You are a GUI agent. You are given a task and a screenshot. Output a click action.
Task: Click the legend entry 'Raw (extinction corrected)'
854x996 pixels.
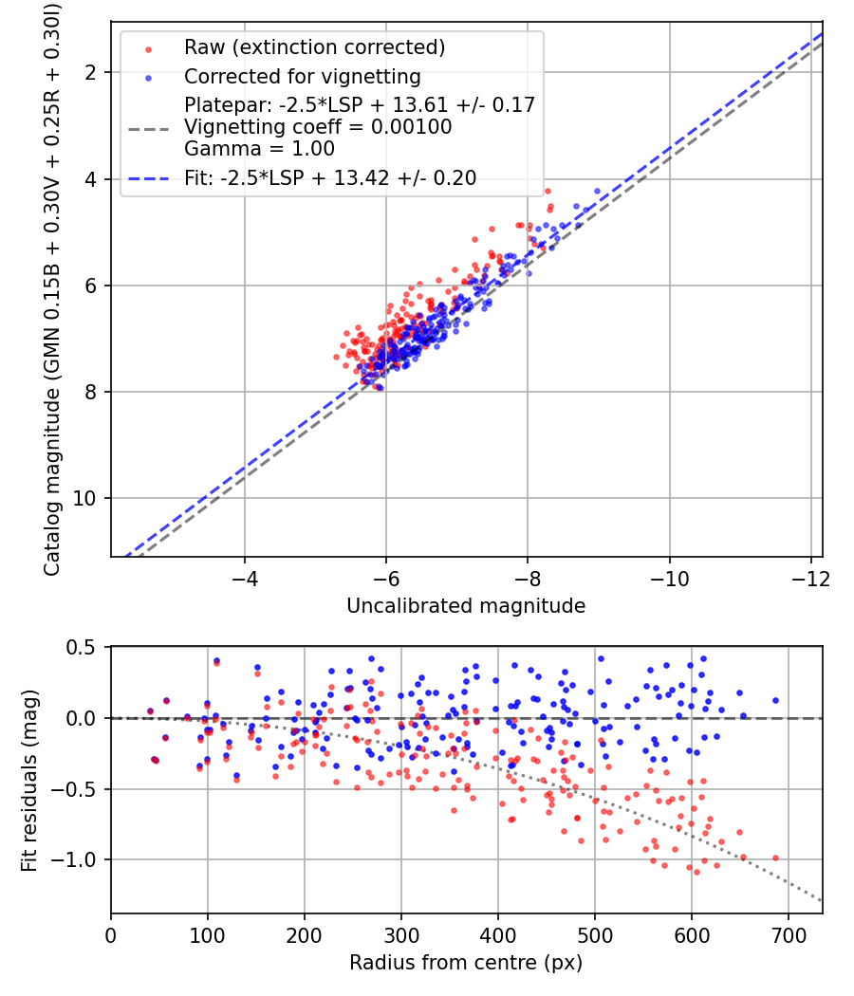(x=314, y=47)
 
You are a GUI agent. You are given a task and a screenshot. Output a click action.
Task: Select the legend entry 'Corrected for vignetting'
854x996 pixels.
(x=302, y=76)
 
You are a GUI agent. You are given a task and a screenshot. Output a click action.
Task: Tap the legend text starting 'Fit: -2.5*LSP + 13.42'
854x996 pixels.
(x=329, y=177)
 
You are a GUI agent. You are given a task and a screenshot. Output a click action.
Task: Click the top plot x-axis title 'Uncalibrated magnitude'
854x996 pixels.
(x=466, y=605)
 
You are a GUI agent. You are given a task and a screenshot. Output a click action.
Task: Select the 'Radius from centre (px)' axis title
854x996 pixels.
(x=466, y=963)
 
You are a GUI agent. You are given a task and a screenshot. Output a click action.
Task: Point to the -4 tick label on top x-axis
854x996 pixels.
(x=245, y=578)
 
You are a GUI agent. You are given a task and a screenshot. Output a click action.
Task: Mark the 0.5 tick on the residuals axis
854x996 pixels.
(x=84, y=647)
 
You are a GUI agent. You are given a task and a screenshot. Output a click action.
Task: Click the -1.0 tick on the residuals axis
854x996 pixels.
(x=80, y=859)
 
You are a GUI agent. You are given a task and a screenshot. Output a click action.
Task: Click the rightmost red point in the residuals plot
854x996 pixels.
(x=775, y=858)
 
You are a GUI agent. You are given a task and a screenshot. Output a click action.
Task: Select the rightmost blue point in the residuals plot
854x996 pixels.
(x=775, y=700)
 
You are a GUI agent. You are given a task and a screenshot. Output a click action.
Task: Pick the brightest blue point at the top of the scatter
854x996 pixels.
(x=597, y=190)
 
